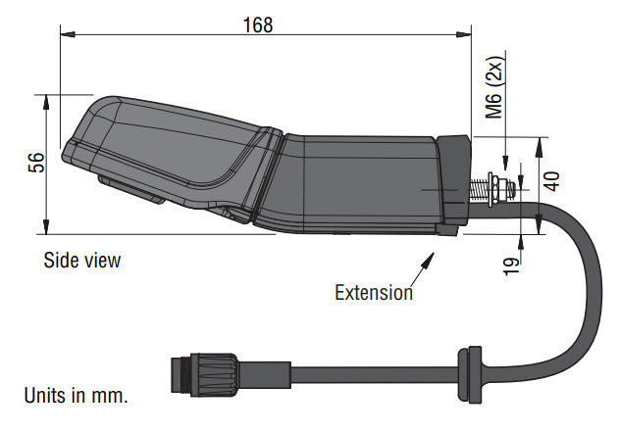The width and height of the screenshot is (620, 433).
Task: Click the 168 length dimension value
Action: [x=258, y=24]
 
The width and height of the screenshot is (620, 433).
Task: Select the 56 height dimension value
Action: [x=35, y=163]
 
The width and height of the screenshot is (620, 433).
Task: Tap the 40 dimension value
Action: [x=550, y=181]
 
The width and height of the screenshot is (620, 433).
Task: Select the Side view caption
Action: [x=81, y=261]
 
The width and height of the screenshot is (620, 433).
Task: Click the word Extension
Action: [x=373, y=292]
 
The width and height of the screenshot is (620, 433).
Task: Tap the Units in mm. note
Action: [x=76, y=396]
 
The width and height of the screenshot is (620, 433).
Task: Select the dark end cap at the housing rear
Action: [x=452, y=181]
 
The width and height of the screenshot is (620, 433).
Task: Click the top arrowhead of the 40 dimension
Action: [x=539, y=142]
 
